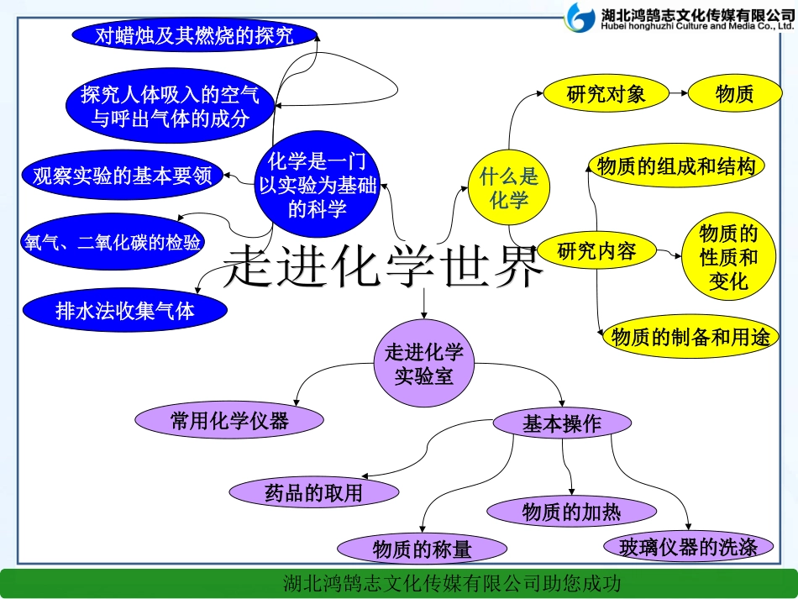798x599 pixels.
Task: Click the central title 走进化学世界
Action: click(383, 265)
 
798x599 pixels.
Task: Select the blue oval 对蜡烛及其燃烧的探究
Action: click(195, 35)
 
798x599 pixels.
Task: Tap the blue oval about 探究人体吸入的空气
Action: click(171, 106)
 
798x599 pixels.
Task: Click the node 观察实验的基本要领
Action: click(123, 176)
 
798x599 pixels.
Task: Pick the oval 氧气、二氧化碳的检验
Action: click(113, 243)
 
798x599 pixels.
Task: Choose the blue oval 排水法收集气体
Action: click(124, 310)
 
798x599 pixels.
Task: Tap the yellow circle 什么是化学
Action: click(508, 188)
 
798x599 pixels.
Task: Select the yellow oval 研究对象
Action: click(606, 93)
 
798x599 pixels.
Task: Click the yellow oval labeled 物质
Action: click(734, 93)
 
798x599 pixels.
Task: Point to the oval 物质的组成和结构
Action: click(676, 166)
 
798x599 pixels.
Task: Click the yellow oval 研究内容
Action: click(597, 250)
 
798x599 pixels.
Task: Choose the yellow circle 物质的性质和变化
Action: click(728, 256)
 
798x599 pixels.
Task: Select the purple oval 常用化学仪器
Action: click(229, 420)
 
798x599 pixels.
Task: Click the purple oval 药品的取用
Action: click(313, 492)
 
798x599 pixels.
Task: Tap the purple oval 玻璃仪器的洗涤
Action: click(688, 547)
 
